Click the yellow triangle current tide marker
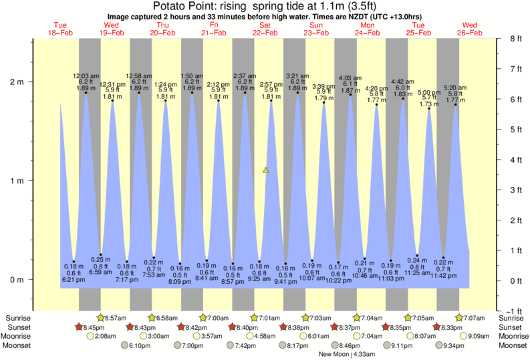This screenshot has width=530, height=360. pos(266,171)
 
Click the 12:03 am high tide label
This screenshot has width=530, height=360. pos(86,75)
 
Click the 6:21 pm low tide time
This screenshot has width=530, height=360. pos(74,280)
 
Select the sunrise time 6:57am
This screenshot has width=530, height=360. pos(118,317)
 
